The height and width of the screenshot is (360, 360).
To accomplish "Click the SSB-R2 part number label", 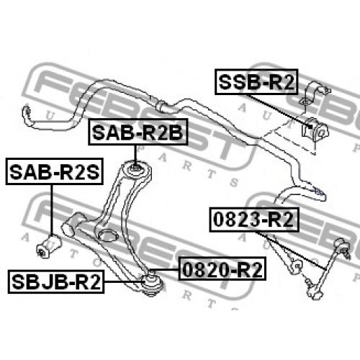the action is (256, 81).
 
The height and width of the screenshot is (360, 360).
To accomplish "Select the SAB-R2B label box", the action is (138, 132).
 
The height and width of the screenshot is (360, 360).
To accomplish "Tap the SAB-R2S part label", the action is (55, 171).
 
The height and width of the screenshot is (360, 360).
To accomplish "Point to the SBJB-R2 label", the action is (56, 282).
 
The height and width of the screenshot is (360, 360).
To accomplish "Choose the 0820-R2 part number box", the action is (222, 269).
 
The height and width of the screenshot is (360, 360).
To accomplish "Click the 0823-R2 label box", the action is (254, 220).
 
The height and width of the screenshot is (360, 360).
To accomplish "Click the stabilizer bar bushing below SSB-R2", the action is (315, 130).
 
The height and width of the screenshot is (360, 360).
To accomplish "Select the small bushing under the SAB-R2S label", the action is (49, 246).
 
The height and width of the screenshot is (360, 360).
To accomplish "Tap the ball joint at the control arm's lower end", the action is (152, 283).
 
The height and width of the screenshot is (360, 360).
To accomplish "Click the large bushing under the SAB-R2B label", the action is (137, 170).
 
